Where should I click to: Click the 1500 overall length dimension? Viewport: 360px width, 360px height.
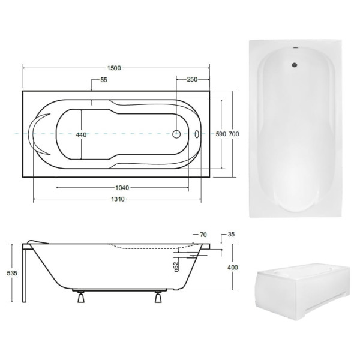[x=114, y=68]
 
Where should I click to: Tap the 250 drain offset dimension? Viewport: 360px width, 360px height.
[x=192, y=79]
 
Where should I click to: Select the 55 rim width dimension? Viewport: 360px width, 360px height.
[x=104, y=80]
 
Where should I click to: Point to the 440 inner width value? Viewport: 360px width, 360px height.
[x=81, y=135]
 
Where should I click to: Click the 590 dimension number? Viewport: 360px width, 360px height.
[x=221, y=134]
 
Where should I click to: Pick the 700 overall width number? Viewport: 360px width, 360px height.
[x=234, y=134]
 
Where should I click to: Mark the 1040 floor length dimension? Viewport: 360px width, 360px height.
[x=122, y=188]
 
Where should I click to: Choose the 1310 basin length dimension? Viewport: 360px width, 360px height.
[x=118, y=199]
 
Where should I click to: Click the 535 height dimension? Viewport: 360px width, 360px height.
[x=12, y=273]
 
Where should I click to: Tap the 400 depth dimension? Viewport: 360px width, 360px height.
[x=233, y=268]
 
